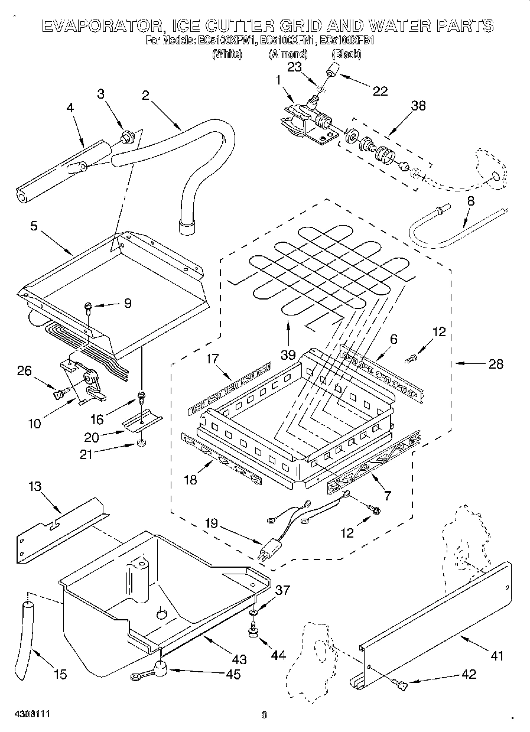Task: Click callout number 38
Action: pyautogui.click(x=418, y=106)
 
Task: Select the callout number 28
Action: pyautogui.click(x=496, y=365)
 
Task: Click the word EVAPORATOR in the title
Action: pyautogui.click(x=99, y=25)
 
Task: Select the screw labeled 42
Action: pyautogui.click(x=400, y=685)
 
